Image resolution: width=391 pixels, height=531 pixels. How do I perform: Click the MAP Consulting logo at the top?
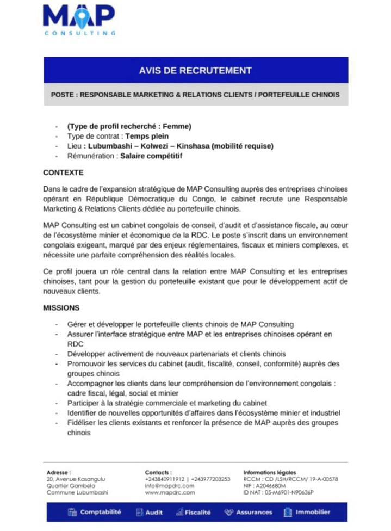point(79,20)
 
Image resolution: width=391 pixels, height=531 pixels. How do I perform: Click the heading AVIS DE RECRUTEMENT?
point(195,70)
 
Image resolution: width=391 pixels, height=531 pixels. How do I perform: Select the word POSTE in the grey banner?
point(63,95)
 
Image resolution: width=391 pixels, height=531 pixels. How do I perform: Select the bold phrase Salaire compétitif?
point(151,156)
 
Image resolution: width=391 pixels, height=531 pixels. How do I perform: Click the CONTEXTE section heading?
point(63,172)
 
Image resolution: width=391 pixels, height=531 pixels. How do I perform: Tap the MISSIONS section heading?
point(61,308)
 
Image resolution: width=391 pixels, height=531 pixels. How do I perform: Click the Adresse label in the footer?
point(59,472)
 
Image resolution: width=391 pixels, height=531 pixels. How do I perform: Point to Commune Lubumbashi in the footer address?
point(77,492)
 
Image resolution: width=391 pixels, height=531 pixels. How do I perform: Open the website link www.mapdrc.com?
point(170,492)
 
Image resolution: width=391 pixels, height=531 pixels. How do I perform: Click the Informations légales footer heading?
point(270,472)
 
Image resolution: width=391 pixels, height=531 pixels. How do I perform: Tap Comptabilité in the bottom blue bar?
point(100,512)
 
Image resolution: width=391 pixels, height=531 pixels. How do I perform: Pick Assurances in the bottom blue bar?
point(253,512)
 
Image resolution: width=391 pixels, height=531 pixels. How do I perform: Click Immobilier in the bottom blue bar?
point(312,512)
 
